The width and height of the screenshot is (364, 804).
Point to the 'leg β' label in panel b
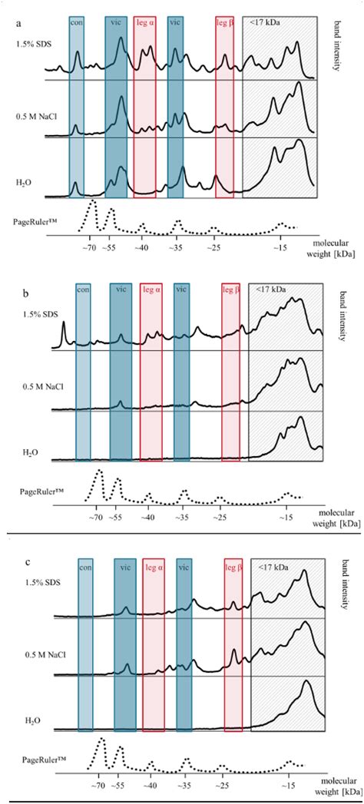tap(231, 290)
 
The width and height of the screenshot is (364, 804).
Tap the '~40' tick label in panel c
tap(151, 787)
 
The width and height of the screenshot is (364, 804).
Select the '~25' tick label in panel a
tap(214, 249)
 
